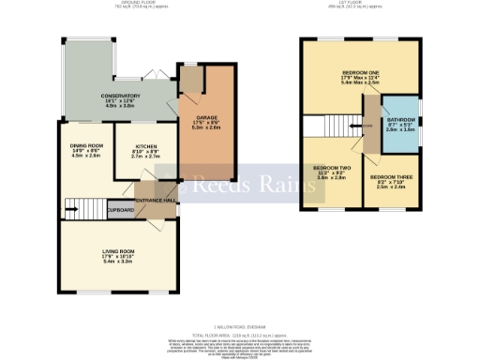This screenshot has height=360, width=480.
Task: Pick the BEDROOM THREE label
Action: coord(391,175)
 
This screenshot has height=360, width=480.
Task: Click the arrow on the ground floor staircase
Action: coord(69,203)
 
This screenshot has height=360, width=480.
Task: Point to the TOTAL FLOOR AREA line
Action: coord(239,333)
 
